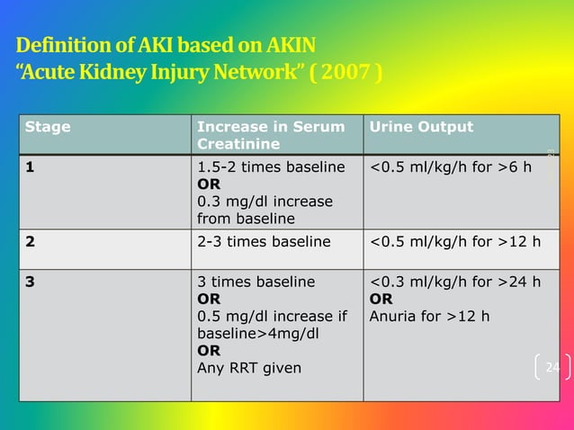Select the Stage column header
pyautogui.click(x=48, y=127)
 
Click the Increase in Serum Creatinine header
pyautogui.click(x=270, y=136)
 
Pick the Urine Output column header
pyautogui.click(x=421, y=127)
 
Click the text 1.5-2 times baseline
pyautogui.click(x=271, y=166)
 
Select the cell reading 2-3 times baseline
pyautogui.click(x=264, y=241)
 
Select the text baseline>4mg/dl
pyautogui.click(x=257, y=333)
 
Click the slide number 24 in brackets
pyautogui.click(x=552, y=367)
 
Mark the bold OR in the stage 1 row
pyautogui.click(x=209, y=184)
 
